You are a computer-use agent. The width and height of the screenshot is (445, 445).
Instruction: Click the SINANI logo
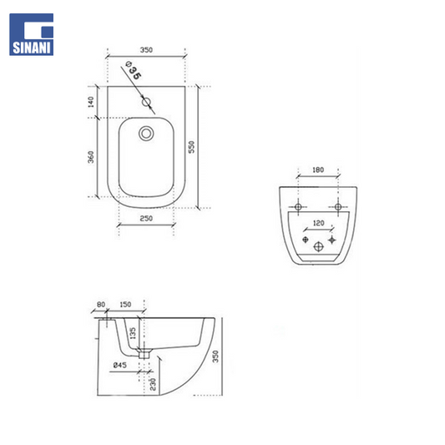(x=31, y=34)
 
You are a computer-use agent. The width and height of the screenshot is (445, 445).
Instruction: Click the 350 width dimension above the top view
(x=146, y=50)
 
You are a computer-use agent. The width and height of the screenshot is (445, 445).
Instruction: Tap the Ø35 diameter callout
(x=133, y=70)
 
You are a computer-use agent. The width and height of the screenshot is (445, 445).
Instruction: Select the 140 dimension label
(x=91, y=102)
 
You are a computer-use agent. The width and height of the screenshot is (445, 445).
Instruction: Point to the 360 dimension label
(x=91, y=157)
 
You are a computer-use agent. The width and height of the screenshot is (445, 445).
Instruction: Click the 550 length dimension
(x=192, y=147)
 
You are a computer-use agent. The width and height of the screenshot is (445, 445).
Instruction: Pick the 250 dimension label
(x=146, y=218)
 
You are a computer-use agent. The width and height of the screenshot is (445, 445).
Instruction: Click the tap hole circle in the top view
(x=146, y=102)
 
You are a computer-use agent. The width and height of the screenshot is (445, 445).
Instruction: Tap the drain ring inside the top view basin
(x=146, y=133)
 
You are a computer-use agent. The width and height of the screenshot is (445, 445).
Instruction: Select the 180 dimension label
(x=318, y=169)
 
